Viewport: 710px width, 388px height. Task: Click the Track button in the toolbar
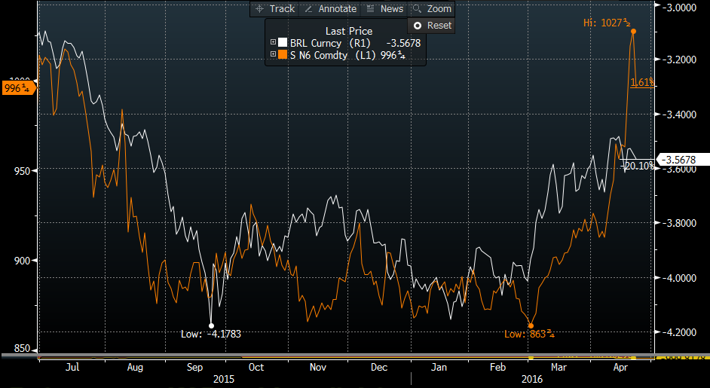pyautogui.click(x=275, y=9)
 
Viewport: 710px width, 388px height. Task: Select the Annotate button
pyautogui.click(x=330, y=9)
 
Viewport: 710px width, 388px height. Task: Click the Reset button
pyautogui.click(x=432, y=26)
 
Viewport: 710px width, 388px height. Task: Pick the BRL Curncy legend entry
pyautogui.click(x=326, y=44)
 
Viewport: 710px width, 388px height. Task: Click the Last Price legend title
pyautogui.click(x=348, y=31)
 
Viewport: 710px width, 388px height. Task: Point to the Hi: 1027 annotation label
pyautogui.click(x=607, y=23)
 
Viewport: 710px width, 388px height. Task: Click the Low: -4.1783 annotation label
pyautogui.click(x=211, y=334)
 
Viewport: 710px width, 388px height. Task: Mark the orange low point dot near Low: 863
pyautogui.click(x=531, y=325)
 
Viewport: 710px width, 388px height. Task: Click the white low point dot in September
pyautogui.click(x=211, y=325)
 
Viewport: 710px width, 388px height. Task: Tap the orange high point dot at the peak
pyautogui.click(x=633, y=31)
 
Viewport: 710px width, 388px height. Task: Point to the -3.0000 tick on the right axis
pyautogui.click(x=681, y=8)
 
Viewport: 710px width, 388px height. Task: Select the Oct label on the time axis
pyautogui.click(x=256, y=368)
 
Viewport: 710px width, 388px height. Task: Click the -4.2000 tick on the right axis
pyautogui.click(x=681, y=331)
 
